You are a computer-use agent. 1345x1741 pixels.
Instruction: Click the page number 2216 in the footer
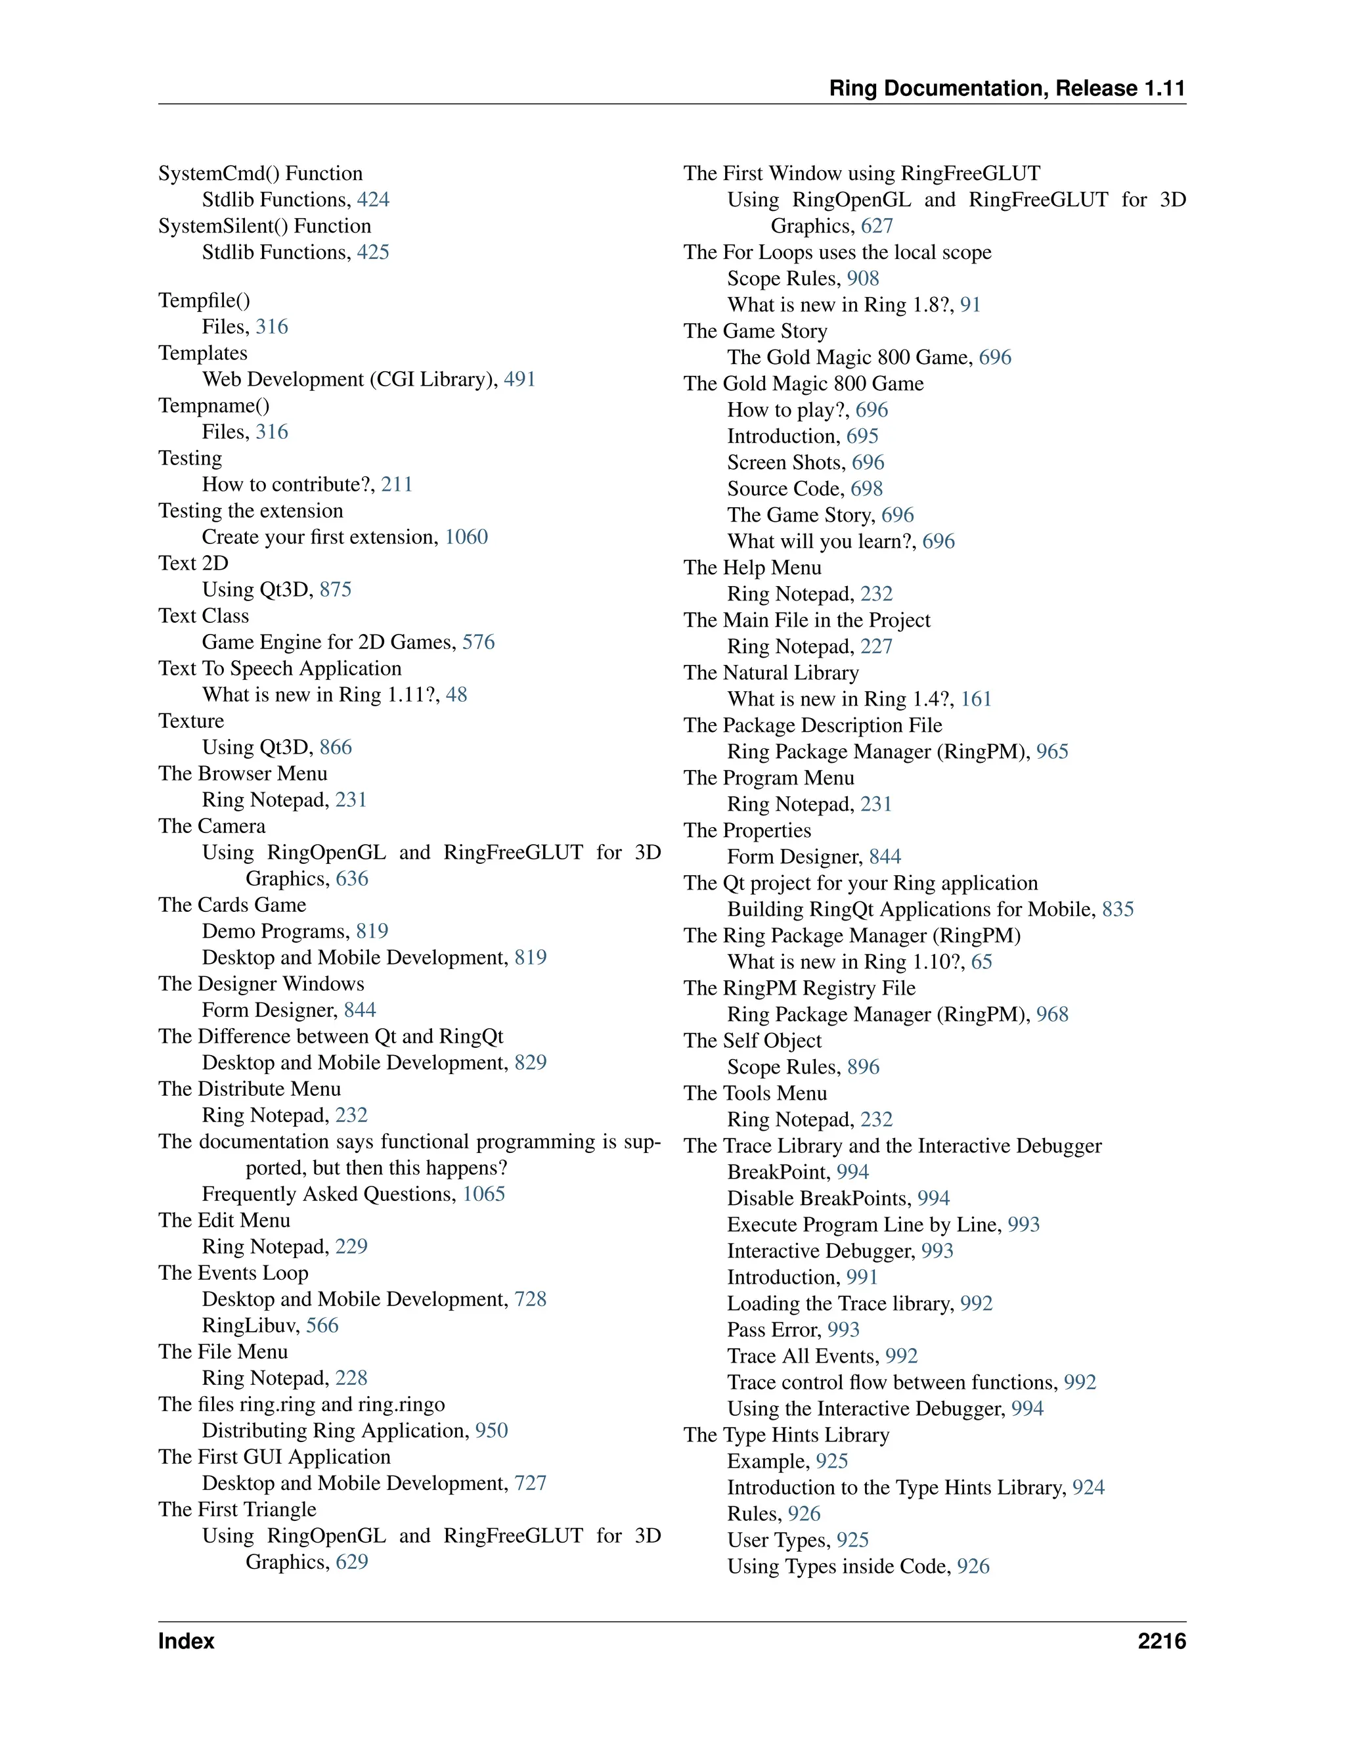coord(1161,1641)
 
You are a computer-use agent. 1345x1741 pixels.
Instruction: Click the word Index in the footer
coord(186,1641)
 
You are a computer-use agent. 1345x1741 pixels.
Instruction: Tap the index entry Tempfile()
coord(204,300)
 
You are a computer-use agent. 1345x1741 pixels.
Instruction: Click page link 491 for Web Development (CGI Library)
coord(519,380)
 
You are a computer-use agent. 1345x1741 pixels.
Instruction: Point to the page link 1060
coord(466,537)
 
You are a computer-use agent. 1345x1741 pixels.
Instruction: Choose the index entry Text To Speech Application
coord(280,669)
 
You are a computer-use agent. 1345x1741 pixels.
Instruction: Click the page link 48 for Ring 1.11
coord(456,695)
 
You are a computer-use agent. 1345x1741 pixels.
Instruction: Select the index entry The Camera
coord(211,826)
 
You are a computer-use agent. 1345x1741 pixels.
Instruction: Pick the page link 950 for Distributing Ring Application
coord(492,1431)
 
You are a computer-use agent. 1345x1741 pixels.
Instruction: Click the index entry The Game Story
coord(755,331)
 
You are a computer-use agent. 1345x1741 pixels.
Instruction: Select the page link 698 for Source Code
coord(867,489)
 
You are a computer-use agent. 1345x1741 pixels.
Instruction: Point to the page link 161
coord(976,699)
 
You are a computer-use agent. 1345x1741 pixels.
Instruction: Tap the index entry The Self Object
coord(752,1041)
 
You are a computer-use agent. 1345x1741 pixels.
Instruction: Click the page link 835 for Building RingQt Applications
coord(1118,909)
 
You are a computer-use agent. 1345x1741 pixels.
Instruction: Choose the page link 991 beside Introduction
coord(862,1277)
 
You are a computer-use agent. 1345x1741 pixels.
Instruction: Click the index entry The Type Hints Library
coord(785,1435)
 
